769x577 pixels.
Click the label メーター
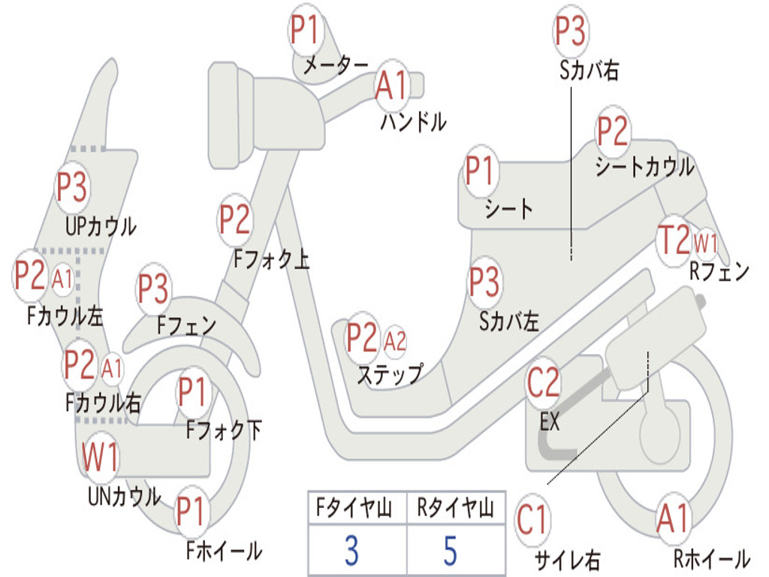click(336, 65)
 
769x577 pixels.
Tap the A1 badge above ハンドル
click(392, 85)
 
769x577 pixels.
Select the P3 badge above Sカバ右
click(571, 30)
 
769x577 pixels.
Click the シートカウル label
click(644, 167)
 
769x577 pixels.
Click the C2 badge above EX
click(544, 382)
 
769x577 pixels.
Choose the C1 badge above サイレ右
click(532, 520)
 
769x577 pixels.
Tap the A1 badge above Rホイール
click(674, 518)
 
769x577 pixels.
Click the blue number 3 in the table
click(351, 551)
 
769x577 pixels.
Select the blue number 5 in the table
click(451, 551)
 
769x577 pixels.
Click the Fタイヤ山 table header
click(354, 508)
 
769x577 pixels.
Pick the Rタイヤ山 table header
click(456, 508)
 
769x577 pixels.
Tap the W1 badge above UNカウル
click(101, 457)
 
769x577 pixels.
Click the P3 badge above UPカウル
click(71, 187)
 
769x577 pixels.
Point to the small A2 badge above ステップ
click(395, 341)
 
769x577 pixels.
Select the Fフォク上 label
click(272, 258)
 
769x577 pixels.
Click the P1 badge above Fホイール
click(191, 511)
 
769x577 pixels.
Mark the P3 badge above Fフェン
click(153, 288)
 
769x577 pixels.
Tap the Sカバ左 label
click(509, 322)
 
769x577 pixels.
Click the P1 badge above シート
click(480, 171)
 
